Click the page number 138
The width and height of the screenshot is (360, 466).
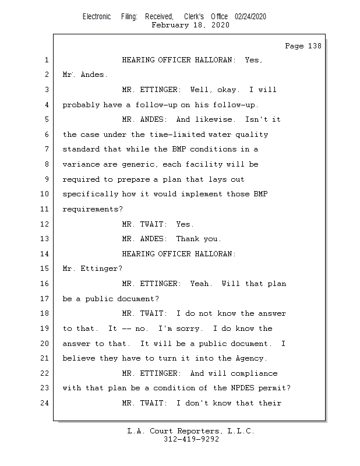[315, 46]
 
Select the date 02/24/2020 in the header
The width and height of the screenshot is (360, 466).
[250, 17]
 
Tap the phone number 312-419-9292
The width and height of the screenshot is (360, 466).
[191, 439]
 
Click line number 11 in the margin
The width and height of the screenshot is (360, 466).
[44, 209]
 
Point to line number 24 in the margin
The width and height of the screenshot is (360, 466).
[44, 403]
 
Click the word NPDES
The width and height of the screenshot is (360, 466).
[242, 388]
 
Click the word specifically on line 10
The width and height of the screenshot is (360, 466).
[90, 194]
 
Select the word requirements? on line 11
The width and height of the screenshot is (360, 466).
[93, 209]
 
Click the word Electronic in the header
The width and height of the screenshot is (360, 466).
[97, 17]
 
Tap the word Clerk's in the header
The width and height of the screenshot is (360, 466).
[194, 17]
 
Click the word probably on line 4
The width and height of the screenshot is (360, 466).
[81, 105]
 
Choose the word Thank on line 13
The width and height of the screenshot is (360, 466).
[188, 239]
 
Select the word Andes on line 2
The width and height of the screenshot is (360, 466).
[92, 75]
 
